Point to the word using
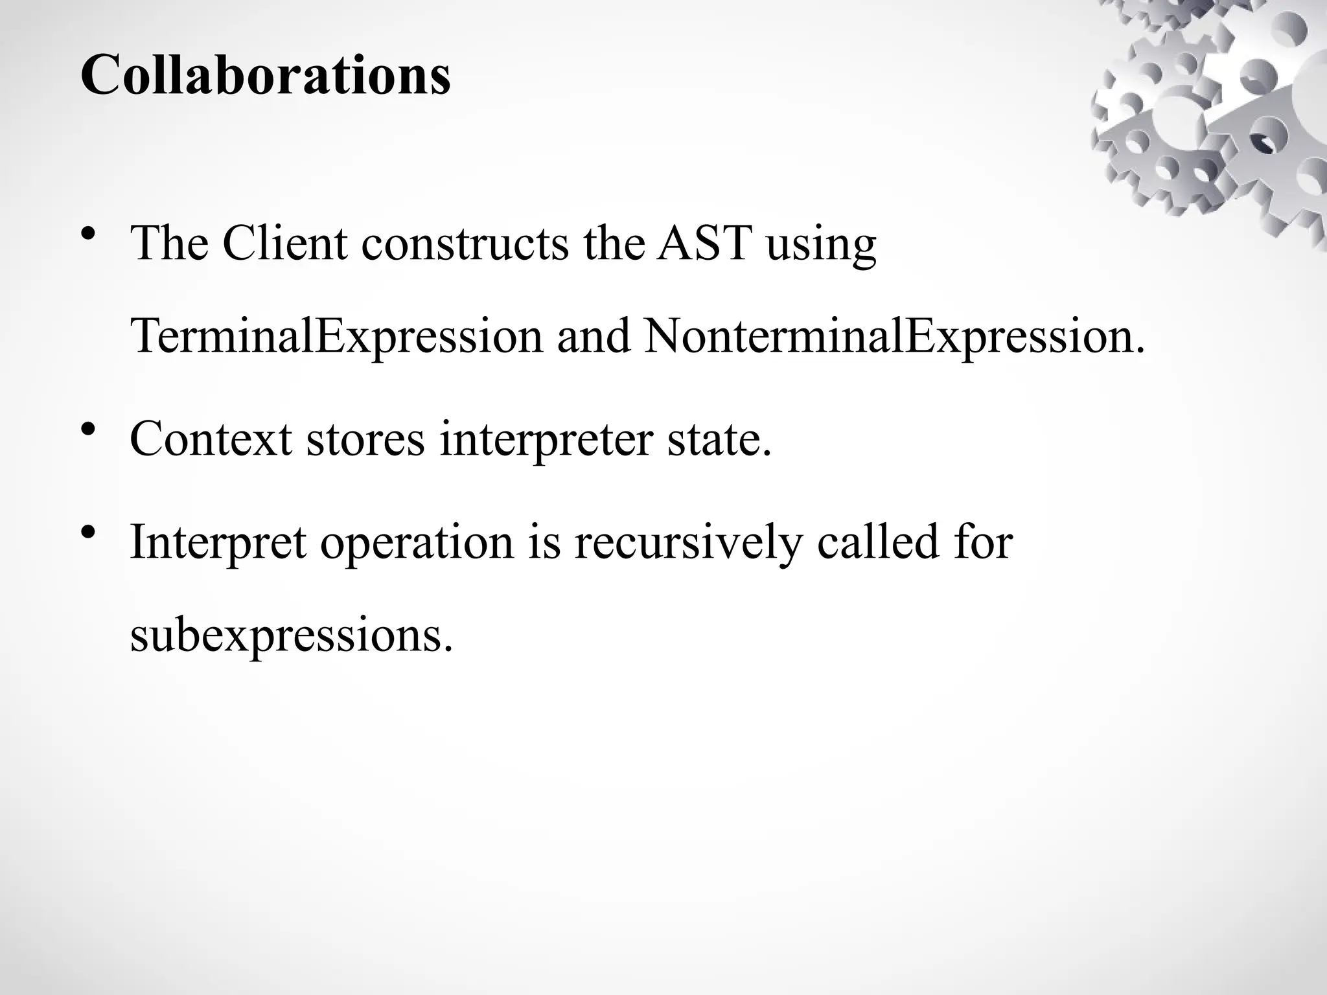click(x=821, y=246)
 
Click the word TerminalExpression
click(x=336, y=337)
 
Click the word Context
click(x=211, y=439)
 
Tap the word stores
click(x=365, y=439)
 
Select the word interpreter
click(x=546, y=440)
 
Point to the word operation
click(x=417, y=543)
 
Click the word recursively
click(x=687, y=543)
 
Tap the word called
click(x=877, y=542)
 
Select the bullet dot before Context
click(x=90, y=429)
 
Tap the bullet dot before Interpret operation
click(x=90, y=532)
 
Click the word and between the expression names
click(x=594, y=337)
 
